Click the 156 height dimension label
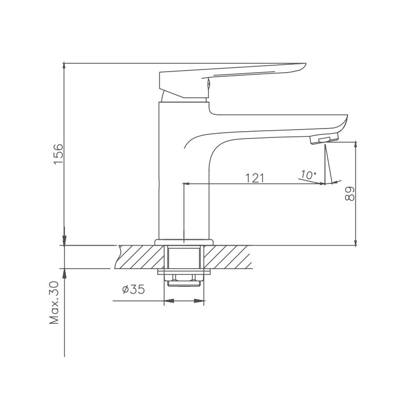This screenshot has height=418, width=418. (59, 154)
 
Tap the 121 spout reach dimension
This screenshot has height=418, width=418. (254, 178)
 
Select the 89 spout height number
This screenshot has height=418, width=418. (350, 193)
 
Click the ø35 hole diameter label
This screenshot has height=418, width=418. (134, 289)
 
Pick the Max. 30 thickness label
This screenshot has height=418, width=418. (54, 303)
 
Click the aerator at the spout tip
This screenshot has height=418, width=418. (324, 138)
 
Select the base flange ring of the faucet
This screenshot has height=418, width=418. (184, 242)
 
